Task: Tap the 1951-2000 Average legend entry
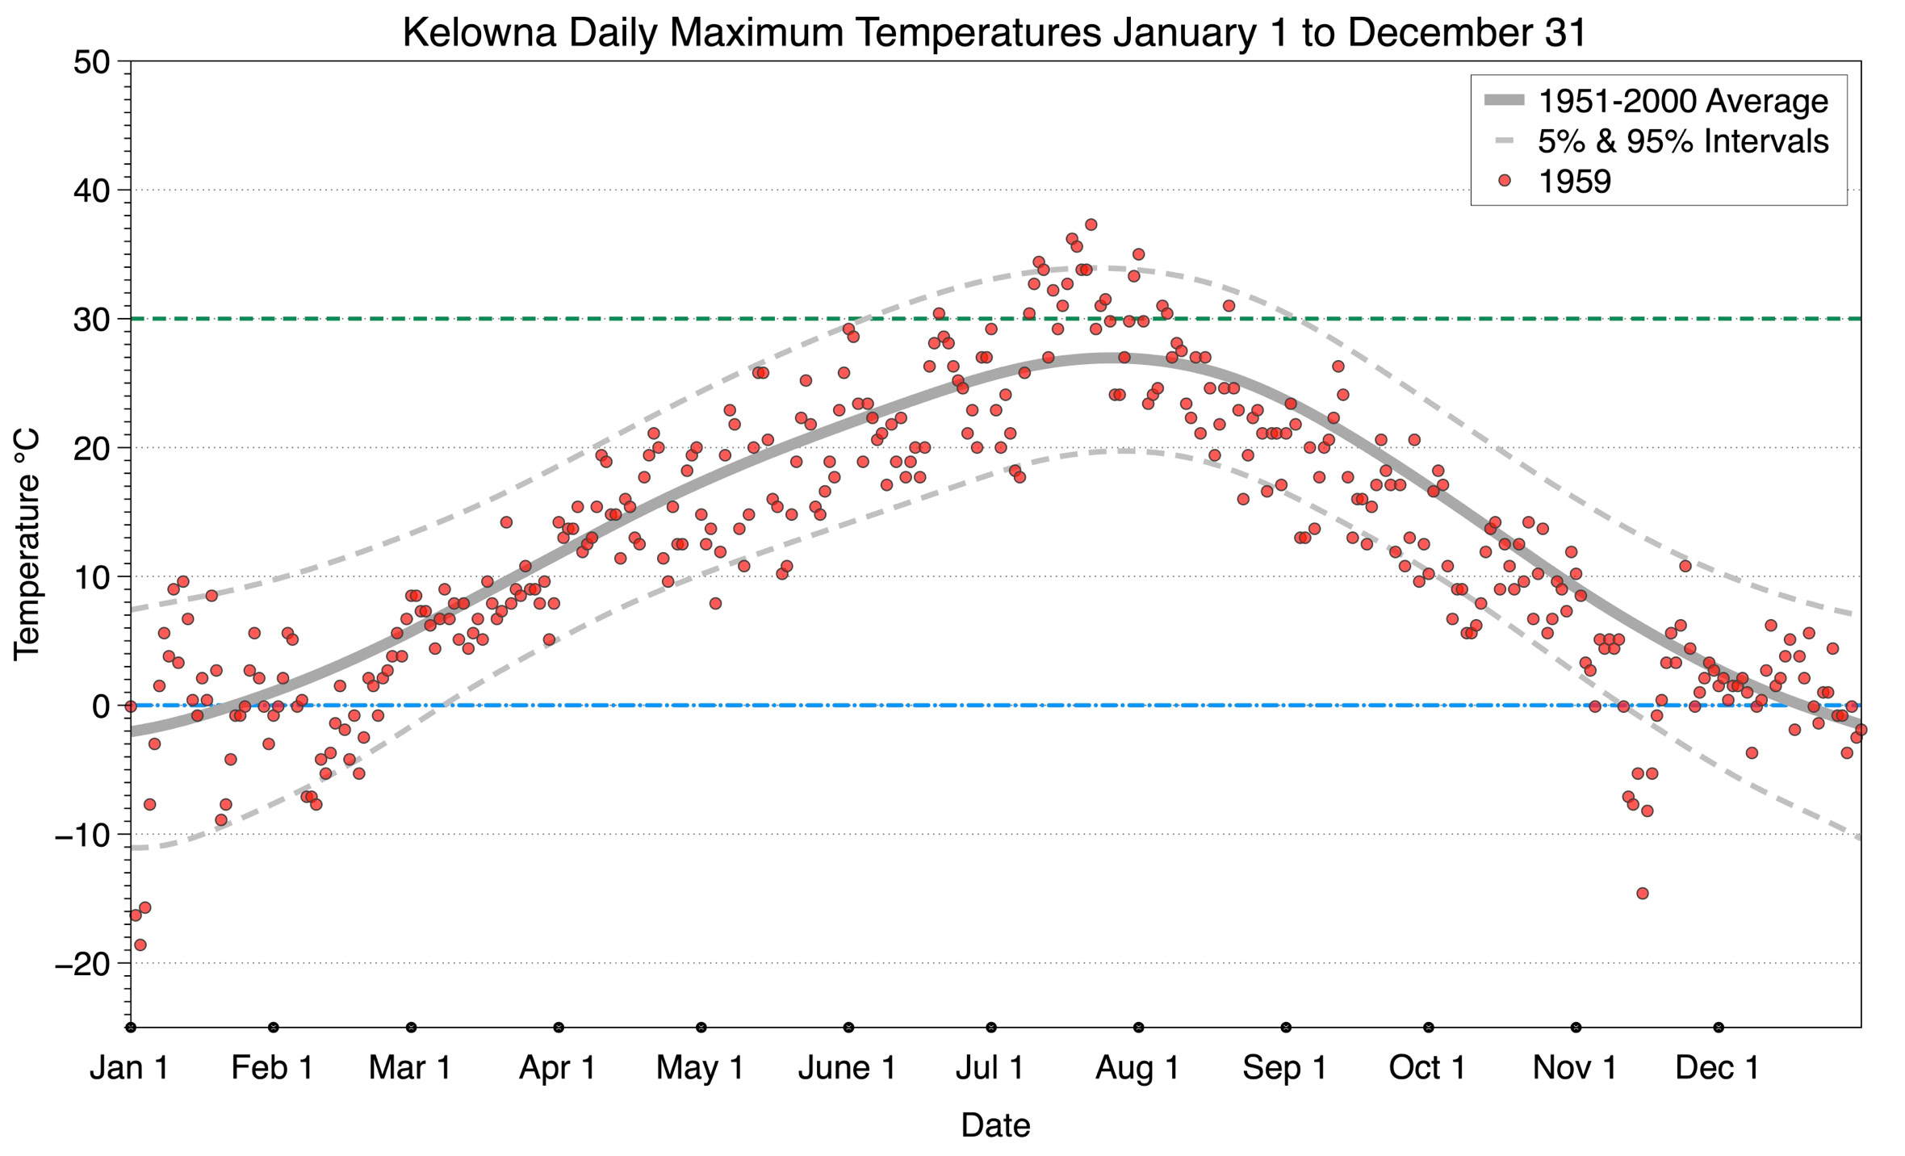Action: [x=1682, y=101]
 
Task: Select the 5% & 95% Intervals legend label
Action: [x=1682, y=141]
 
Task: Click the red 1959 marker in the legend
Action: [x=1504, y=181]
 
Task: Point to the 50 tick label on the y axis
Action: [x=91, y=62]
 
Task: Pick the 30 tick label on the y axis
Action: [x=91, y=320]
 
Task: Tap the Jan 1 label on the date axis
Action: [x=129, y=1067]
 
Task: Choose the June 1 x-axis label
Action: [x=847, y=1067]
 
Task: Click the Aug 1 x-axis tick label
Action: [x=1137, y=1067]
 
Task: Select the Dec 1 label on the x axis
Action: [x=1717, y=1067]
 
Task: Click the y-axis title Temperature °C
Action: [x=27, y=544]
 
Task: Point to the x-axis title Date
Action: [x=995, y=1125]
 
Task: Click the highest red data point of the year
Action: [x=1091, y=224]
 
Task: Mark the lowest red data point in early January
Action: [x=140, y=944]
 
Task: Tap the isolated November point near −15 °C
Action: [x=1642, y=893]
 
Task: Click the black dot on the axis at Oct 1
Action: [x=1429, y=1028]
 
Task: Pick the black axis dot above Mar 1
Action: [x=412, y=1028]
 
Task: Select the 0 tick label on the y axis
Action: [x=101, y=706]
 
